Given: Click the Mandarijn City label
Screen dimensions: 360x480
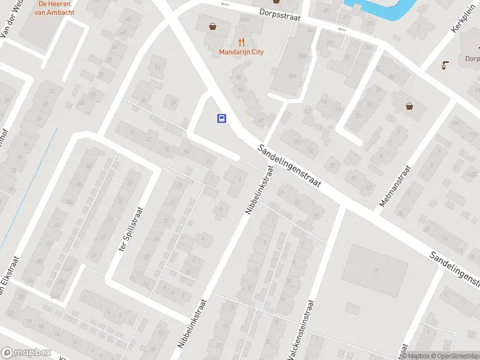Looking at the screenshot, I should pyautogui.click(x=241, y=52).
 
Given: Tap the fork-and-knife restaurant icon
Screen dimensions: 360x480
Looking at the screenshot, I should pyautogui.click(x=241, y=41).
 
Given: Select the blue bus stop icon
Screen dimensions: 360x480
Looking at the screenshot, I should pyautogui.click(x=221, y=118).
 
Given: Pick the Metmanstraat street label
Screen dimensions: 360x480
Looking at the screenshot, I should pyautogui.click(x=396, y=187).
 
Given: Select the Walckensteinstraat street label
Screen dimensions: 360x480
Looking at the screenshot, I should pyautogui.click(x=301, y=329).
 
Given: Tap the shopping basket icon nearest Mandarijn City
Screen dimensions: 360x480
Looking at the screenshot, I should pyautogui.click(x=212, y=26).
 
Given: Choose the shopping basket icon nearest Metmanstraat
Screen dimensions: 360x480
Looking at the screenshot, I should pyautogui.click(x=410, y=106).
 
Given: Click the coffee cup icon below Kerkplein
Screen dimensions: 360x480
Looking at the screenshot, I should pyautogui.click(x=445, y=65).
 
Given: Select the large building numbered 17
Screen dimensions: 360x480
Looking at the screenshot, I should pyautogui.click(x=374, y=271).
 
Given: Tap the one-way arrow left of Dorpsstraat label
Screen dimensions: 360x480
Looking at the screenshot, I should pyautogui.click(x=226, y=4).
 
